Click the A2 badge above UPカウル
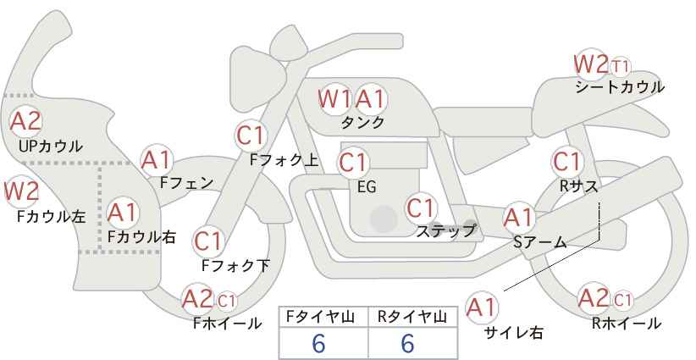pos(25,121)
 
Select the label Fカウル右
pos(141,237)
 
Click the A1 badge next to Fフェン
pos(157,160)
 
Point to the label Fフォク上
pos(284,160)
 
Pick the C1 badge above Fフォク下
pos(207,241)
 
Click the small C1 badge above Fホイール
pos(226,302)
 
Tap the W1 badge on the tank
pos(334,99)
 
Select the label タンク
pos(362,123)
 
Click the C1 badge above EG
pos(353,163)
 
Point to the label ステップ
pos(445,230)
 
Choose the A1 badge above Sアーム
pos(518,218)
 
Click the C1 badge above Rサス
pos(566,162)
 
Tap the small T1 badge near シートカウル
pos(620,67)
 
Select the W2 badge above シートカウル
pos(591,64)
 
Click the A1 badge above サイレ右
pos(482,307)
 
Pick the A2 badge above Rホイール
pos(594,298)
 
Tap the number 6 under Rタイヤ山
pos(407,343)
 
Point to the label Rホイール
pos(627,324)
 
